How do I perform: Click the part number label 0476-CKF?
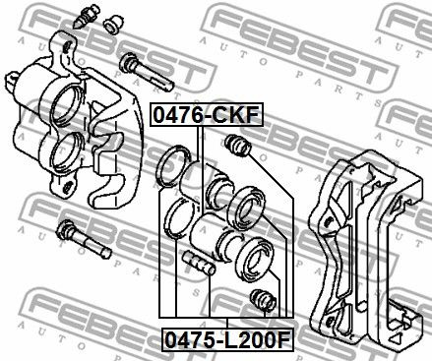[207, 115]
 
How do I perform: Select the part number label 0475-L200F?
[227, 339]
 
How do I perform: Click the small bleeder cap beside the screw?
[113, 24]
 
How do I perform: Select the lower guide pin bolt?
[84, 239]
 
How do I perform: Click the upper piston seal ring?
[173, 166]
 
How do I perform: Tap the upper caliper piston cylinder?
[205, 185]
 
